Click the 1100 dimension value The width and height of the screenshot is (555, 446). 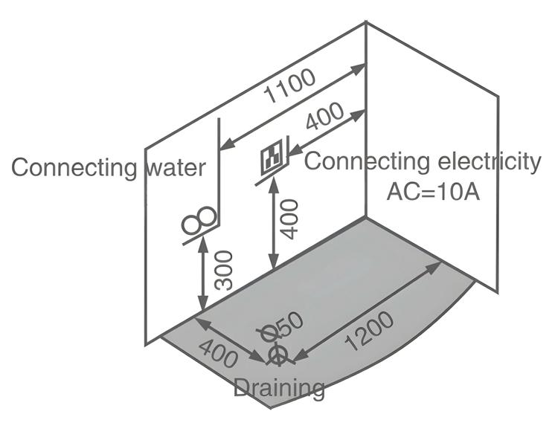point(291,87)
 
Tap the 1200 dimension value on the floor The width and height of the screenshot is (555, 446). point(369,332)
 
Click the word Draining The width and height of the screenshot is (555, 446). point(279,387)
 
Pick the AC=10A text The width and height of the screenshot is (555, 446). point(432,191)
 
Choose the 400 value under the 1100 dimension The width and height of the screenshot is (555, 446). point(324,117)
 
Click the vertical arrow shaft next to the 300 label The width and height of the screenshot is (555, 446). point(202,275)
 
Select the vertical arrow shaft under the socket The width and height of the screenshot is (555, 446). point(274,223)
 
